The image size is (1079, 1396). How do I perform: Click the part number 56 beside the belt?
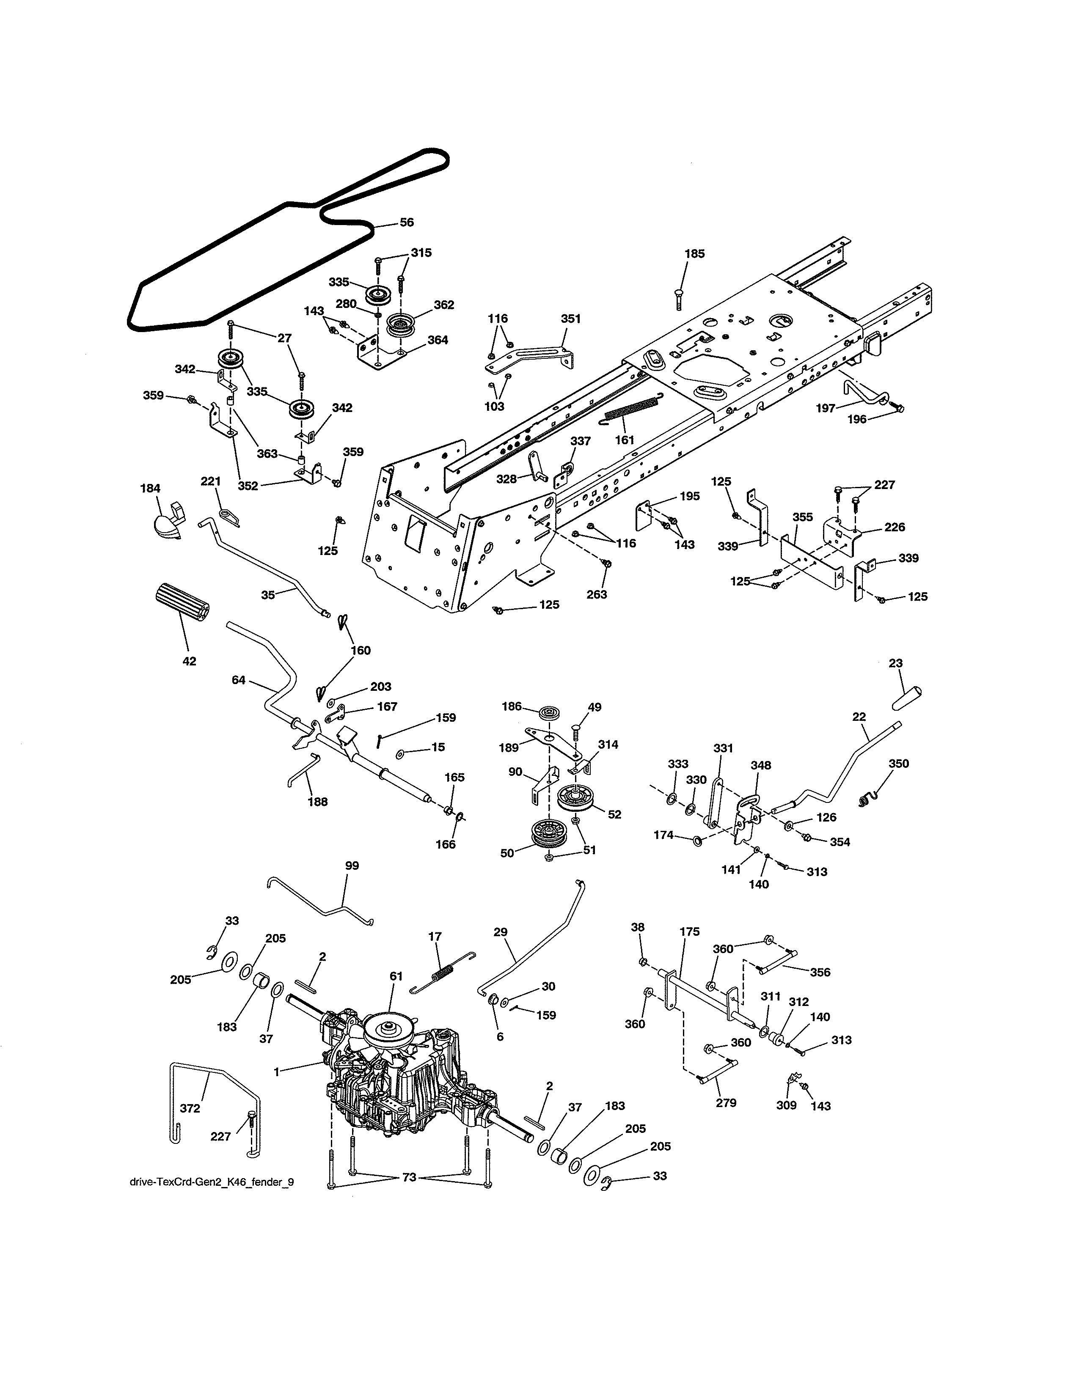[x=407, y=223]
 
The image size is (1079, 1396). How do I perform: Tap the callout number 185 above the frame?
[x=694, y=254]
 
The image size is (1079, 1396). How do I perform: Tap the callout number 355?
[x=802, y=517]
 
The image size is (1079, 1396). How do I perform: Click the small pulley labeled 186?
[x=548, y=713]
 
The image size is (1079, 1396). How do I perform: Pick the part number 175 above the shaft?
[x=690, y=932]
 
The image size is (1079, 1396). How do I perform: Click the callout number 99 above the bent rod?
[x=352, y=866]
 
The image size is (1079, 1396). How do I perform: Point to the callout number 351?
[x=570, y=318]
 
